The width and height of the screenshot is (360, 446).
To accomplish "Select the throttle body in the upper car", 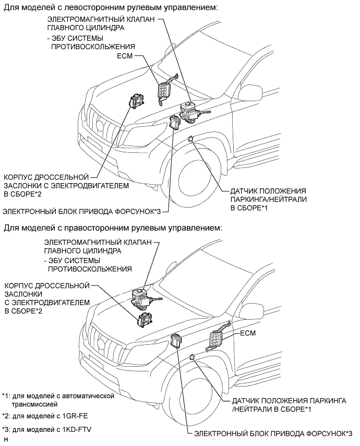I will tap(138, 102).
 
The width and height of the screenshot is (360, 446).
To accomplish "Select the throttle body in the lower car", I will tap(145, 320).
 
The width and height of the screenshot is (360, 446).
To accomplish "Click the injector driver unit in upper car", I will tap(174, 124).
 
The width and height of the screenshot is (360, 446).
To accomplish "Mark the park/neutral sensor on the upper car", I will tap(191, 138).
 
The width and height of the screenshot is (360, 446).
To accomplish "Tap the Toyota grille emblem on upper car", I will tap(100, 125).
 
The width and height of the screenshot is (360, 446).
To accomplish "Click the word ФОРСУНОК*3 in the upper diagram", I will tap(135, 211).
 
